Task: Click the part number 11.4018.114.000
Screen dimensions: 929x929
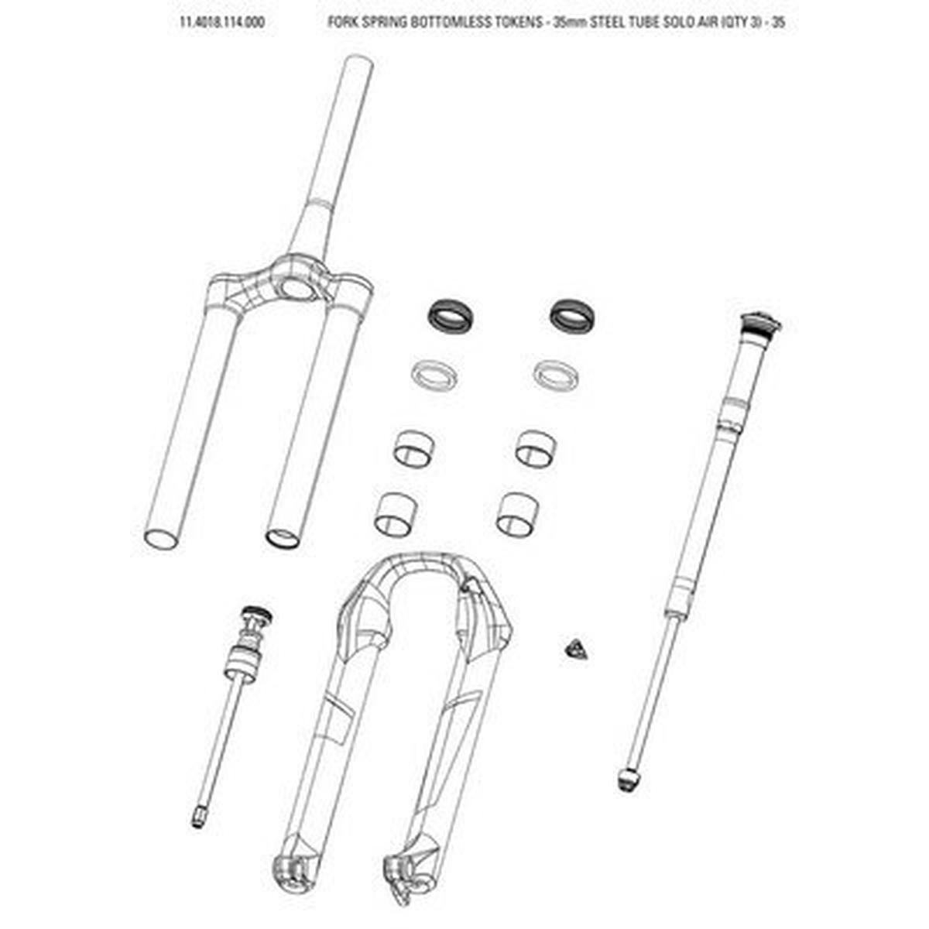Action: [x=221, y=22]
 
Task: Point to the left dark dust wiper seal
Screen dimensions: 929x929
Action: [x=452, y=314]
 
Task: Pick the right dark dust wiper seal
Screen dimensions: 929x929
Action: [x=575, y=314]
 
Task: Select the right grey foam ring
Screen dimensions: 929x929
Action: [x=556, y=372]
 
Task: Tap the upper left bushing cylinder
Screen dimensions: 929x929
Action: [x=414, y=447]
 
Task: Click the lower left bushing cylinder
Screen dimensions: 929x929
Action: [x=393, y=513]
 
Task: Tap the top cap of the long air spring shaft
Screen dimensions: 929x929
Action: [x=761, y=321]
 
